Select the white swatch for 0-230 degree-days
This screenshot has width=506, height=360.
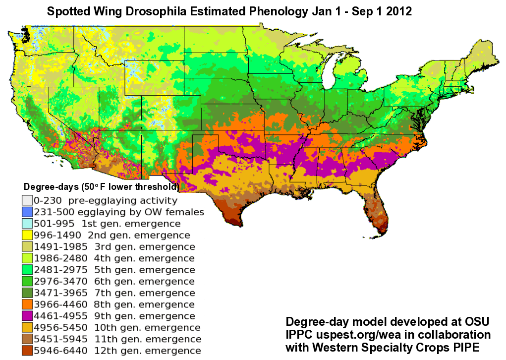[27, 201]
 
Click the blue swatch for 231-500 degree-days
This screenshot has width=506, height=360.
[27, 212]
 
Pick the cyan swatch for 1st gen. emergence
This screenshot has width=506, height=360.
[27, 224]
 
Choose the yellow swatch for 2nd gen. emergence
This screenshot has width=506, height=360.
[27, 235]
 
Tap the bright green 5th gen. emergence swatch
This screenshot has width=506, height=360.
[27, 270]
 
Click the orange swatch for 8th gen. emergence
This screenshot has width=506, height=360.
[27, 304]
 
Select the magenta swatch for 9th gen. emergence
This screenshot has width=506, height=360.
[27, 316]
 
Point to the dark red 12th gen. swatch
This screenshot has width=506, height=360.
[27, 351]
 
